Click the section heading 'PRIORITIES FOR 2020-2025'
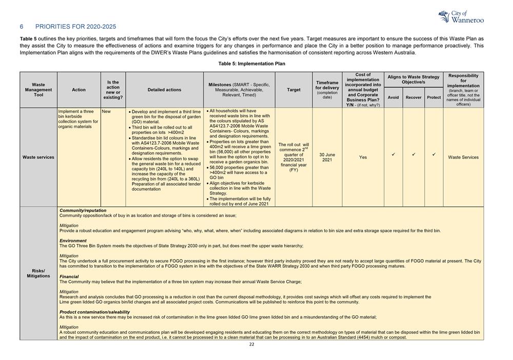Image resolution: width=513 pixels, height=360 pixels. pyautogui.click(x=75, y=26)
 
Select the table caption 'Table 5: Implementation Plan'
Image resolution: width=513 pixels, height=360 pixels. pyautogui.click(x=251, y=64)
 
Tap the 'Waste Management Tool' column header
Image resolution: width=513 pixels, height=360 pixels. pyautogui.click(x=38, y=90)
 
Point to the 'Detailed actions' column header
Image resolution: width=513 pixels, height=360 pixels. pyautogui.click(x=164, y=90)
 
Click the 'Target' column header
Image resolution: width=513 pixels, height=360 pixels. pyautogui.click(x=294, y=90)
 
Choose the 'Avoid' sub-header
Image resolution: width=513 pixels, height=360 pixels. pyautogui.click(x=393, y=97)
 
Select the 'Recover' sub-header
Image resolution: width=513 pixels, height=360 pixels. pyautogui.click(x=413, y=97)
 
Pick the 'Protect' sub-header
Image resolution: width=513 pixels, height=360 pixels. pyautogui.click(x=434, y=97)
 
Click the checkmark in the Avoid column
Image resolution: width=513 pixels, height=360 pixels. pyautogui.click(x=393, y=154)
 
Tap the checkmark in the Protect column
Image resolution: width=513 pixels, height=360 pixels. pyautogui.click(x=434, y=154)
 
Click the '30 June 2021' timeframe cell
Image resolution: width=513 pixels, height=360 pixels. pyautogui.click(x=327, y=157)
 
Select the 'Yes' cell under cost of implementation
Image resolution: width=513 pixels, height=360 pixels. pyautogui.click(x=363, y=157)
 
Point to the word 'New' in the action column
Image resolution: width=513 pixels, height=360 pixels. pyautogui.click(x=106, y=111)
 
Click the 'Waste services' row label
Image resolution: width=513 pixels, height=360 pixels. pyautogui.click(x=38, y=157)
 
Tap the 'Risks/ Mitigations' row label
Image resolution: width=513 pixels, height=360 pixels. pyautogui.click(x=38, y=273)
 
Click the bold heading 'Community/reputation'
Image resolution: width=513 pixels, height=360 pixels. pyautogui.click(x=83, y=211)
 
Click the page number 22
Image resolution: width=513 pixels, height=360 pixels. pyautogui.click(x=251, y=345)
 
